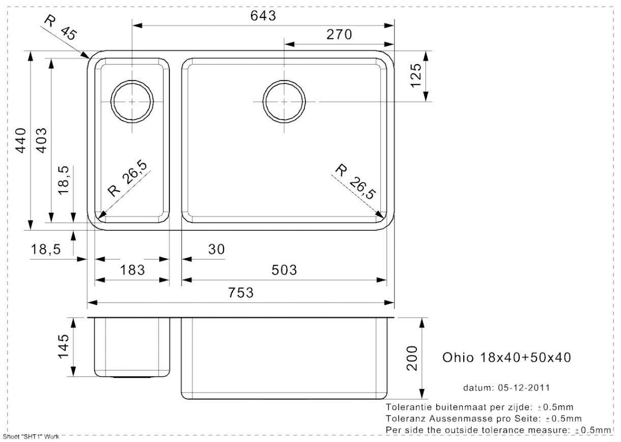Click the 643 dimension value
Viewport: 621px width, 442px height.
tap(263, 15)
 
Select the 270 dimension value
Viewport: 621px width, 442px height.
tap(339, 35)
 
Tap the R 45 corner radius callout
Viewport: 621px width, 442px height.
tap(61, 28)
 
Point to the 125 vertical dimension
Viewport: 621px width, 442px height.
tap(415, 76)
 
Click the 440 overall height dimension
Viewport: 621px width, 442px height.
tap(20, 141)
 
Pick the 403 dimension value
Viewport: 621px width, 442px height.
tap(41, 141)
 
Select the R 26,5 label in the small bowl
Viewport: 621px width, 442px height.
tap(127, 178)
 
